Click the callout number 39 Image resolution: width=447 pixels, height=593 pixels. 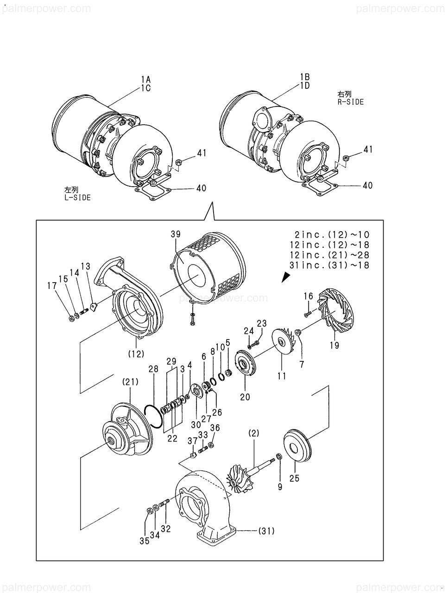[x=176, y=234]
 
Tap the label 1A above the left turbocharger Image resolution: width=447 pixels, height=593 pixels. [x=145, y=79]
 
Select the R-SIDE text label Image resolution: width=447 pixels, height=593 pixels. [x=350, y=102]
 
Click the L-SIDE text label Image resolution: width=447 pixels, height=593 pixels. [x=77, y=197]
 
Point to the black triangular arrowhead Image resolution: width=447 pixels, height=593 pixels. [x=285, y=277]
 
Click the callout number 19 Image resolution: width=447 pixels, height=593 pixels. [x=334, y=345]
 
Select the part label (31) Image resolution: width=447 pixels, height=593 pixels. [x=266, y=531]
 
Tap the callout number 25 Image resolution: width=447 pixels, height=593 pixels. [x=295, y=478]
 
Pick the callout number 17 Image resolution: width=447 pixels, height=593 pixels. [x=52, y=285]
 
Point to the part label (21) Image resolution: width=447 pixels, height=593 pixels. [x=131, y=382]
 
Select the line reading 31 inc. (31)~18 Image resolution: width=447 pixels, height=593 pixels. [x=329, y=265]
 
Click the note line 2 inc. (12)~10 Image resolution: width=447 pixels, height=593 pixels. [x=332, y=234]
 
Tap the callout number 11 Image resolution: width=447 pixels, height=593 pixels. [x=282, y=376]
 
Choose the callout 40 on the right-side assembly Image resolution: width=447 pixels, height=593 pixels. [x=367, y=185]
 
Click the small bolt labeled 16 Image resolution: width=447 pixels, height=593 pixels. [x=308, y=314]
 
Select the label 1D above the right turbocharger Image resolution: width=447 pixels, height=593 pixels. [x=305, y=86]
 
